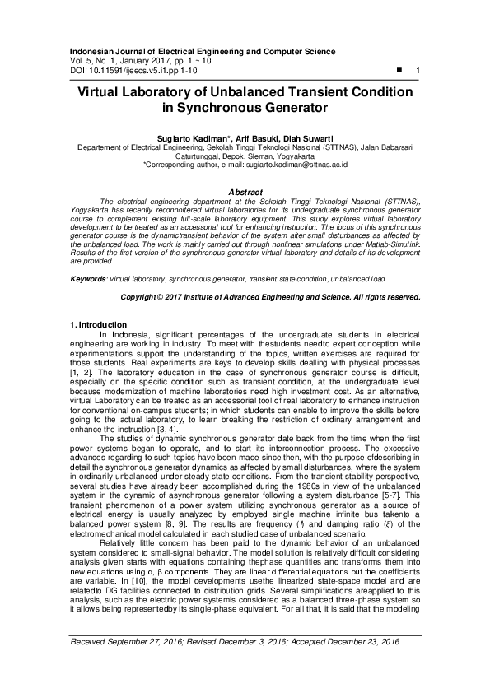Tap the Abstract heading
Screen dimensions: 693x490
pos(245,191)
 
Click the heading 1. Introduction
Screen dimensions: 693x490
pos(98,325)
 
